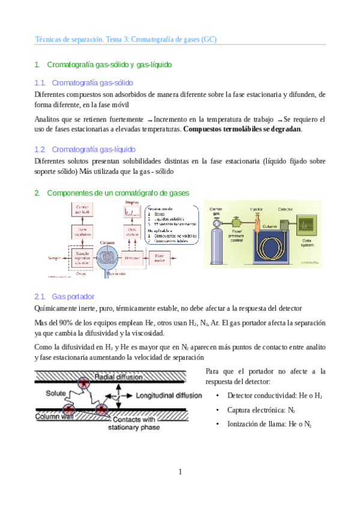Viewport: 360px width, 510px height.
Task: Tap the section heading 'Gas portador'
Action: coord(73,296)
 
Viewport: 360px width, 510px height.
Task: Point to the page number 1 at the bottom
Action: coord(180,472)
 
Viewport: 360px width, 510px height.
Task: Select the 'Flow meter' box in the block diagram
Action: coord(167,257)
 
